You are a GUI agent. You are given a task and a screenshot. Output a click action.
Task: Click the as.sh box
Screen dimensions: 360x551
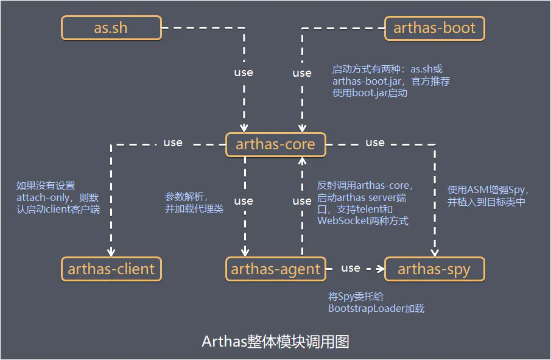[x=111, y=28]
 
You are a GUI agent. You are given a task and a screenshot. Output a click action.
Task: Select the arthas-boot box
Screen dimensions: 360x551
[x=435, y=28]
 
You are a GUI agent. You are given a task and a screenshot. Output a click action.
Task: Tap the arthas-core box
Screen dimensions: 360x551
[x=275, y=144]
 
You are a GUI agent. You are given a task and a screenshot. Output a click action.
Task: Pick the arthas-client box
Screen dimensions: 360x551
[x=111, y=269]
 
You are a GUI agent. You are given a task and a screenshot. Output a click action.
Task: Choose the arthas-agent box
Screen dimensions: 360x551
[x=275, y=269]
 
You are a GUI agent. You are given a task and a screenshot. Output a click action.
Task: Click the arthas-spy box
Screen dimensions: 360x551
[x=434, y=269]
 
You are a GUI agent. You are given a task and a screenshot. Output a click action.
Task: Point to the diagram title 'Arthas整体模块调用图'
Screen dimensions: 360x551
[x=275, y=341]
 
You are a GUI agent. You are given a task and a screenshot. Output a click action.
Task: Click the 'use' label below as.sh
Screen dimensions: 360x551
[x=244, y=72]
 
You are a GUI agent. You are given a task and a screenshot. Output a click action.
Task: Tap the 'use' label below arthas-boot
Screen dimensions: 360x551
[x=302, y=73]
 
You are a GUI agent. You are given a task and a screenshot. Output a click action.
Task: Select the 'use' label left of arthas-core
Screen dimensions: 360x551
[x=173, y=143]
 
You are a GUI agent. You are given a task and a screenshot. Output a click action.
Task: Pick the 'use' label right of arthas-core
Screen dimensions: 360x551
[x=375, y=143]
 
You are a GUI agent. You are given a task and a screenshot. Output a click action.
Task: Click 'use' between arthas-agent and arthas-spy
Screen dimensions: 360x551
[x=351, y=268]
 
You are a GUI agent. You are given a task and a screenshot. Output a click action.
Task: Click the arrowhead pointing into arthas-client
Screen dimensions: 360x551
[x=111, y=253]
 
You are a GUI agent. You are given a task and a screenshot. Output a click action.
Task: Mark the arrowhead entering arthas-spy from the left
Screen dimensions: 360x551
[x=381, y=268]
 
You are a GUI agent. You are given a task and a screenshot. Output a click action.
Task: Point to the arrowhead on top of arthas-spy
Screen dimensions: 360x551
[x=435, y=253]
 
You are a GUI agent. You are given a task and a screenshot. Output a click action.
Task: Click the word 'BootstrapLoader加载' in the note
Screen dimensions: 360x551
[x=376, y=308]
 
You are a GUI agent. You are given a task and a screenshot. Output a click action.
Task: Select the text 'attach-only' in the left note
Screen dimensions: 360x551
[x=43, y=198]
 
